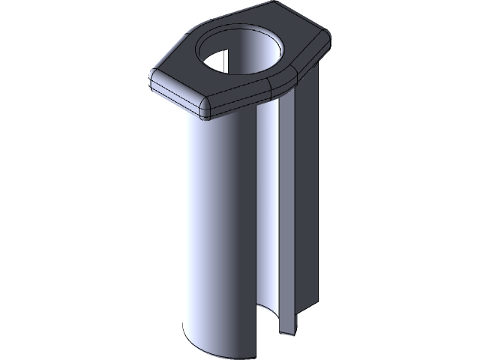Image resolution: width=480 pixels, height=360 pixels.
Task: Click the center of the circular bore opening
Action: coord(241,56)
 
